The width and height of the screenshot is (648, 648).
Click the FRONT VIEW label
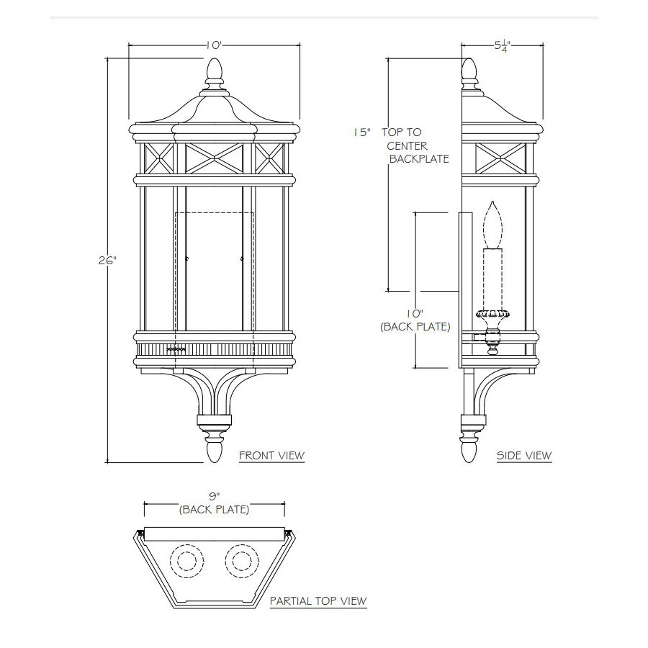271,456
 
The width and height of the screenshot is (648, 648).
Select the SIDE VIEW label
524,456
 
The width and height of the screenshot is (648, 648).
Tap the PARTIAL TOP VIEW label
318,600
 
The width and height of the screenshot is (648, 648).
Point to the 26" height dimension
107,261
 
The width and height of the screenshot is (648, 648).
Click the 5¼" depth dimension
503,45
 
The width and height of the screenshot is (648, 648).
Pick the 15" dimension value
361,132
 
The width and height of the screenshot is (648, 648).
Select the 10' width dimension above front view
214,45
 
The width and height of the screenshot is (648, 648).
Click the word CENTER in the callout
407,146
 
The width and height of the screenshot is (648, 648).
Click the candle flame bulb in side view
492,224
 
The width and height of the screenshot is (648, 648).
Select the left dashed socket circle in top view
186,560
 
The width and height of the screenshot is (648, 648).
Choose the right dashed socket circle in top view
242,560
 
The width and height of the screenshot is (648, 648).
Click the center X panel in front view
214,158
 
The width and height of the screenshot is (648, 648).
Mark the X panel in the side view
500,158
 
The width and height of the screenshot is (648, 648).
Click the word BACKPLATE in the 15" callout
419,158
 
